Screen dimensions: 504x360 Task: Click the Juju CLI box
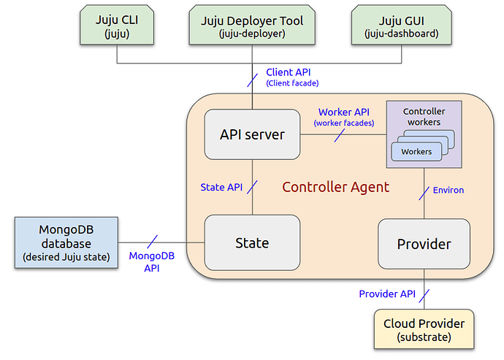click(x=117, y=25)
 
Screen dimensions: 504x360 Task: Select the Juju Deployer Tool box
click(x=252, y=25)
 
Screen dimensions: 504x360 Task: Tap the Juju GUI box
click(x=402, y=25)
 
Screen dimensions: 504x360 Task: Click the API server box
click(x=252, y=134)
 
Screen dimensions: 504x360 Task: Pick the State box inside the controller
click(x=252, y=242)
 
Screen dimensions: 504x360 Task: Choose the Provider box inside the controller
click(x=424, y=244)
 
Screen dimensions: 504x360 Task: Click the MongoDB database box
click(x=66, y=242)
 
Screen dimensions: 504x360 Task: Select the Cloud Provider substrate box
click(x=424, y=329)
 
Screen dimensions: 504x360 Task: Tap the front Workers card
click(x=416, y=152)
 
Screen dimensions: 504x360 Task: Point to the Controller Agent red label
click(x=335, y=187)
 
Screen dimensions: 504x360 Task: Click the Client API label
click(x=292, y=77)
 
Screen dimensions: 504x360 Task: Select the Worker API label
click(x=344, y=117)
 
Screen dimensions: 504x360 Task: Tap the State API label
click(x=221, y=187)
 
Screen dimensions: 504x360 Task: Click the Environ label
click(x=448, y=190)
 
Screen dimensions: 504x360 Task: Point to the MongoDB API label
click(x=152, y=261)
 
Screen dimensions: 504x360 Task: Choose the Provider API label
click(x=387, y=294)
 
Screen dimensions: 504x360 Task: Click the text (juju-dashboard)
click(x=402, y=34)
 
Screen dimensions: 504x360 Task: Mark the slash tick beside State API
click(x=252, y=187)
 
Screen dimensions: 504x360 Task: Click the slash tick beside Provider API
click(x=424, y=296)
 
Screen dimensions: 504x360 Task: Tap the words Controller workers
click(x=424, y=117)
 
